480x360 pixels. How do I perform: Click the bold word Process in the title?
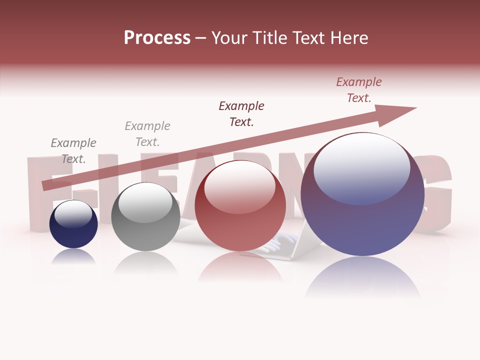157,38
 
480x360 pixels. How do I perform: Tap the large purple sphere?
362,220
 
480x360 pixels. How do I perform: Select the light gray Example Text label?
147,134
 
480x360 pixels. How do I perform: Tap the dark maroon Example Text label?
241,114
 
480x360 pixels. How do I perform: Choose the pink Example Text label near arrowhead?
359,90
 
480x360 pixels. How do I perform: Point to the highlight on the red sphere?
239,186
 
